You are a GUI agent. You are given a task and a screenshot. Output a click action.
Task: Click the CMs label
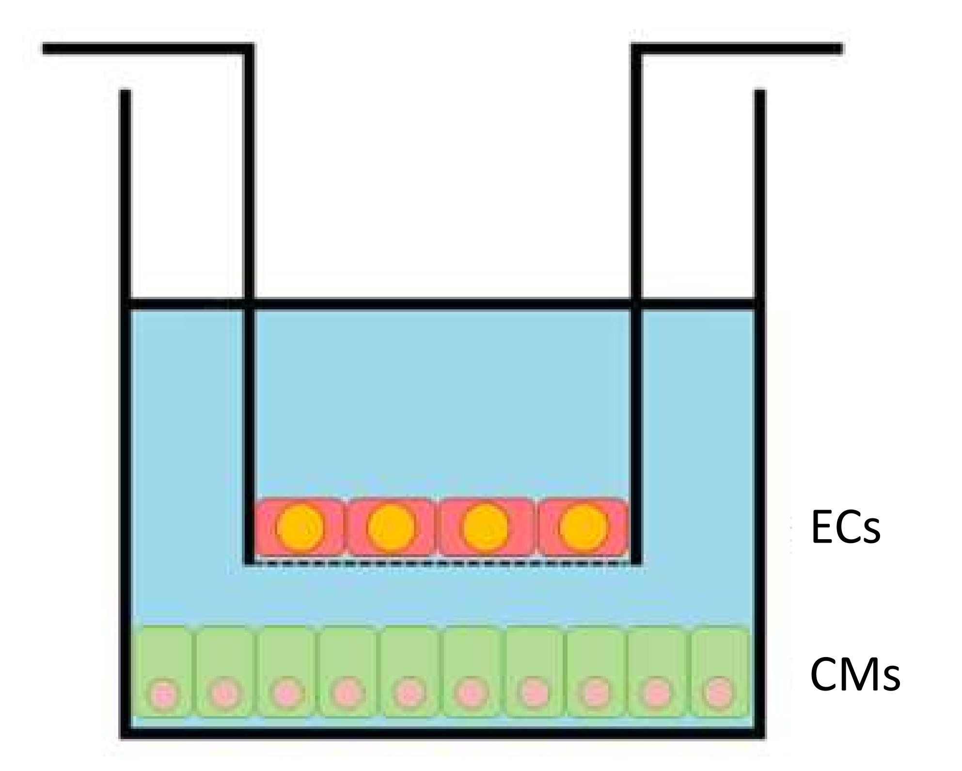855,675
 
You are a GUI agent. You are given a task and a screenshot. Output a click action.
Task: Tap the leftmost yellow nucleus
300,528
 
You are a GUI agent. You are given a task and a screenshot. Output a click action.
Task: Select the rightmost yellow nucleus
583,528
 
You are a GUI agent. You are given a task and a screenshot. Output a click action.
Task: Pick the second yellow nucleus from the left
391,528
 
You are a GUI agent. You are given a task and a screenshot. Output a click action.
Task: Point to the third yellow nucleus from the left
486,528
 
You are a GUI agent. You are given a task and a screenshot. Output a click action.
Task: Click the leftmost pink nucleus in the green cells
164,694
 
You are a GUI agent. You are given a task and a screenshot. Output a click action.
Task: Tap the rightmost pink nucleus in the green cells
718,693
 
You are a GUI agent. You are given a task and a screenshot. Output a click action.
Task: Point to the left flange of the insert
145,49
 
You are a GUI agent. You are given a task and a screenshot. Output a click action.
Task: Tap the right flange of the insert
741,49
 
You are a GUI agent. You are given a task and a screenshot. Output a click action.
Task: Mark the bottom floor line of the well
442,733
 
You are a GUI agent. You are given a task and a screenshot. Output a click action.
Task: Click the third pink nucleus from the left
286,694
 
